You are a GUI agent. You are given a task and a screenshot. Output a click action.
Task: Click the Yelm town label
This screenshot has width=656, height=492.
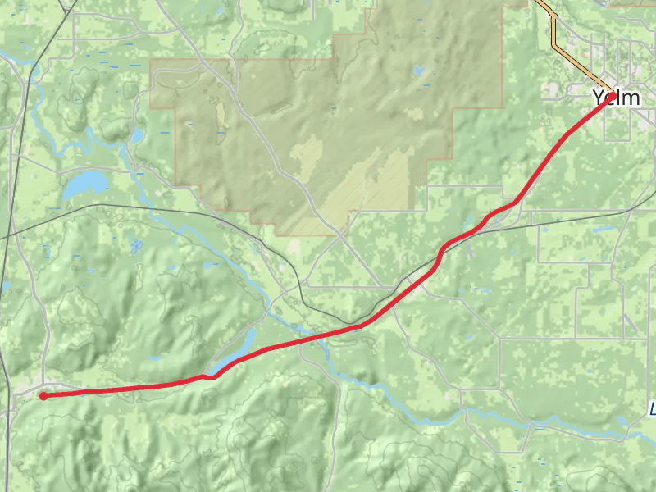click(617, 98)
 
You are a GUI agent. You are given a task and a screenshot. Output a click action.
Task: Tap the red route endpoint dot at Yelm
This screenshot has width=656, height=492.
click(612, 97)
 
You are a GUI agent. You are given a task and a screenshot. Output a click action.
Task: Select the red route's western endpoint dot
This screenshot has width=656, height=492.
click(43, 396)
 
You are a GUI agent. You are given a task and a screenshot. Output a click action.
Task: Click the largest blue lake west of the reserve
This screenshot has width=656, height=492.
click(85, 184)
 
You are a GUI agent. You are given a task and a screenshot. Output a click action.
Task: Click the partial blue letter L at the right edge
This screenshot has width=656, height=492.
click(653, 408)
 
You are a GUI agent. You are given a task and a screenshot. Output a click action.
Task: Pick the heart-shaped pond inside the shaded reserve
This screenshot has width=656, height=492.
click(420, 71)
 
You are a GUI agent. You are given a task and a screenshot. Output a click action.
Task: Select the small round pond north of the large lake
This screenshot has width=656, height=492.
click(136, 134)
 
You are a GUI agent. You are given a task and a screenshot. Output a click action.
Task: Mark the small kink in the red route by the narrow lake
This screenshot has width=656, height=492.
click(210, 377)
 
